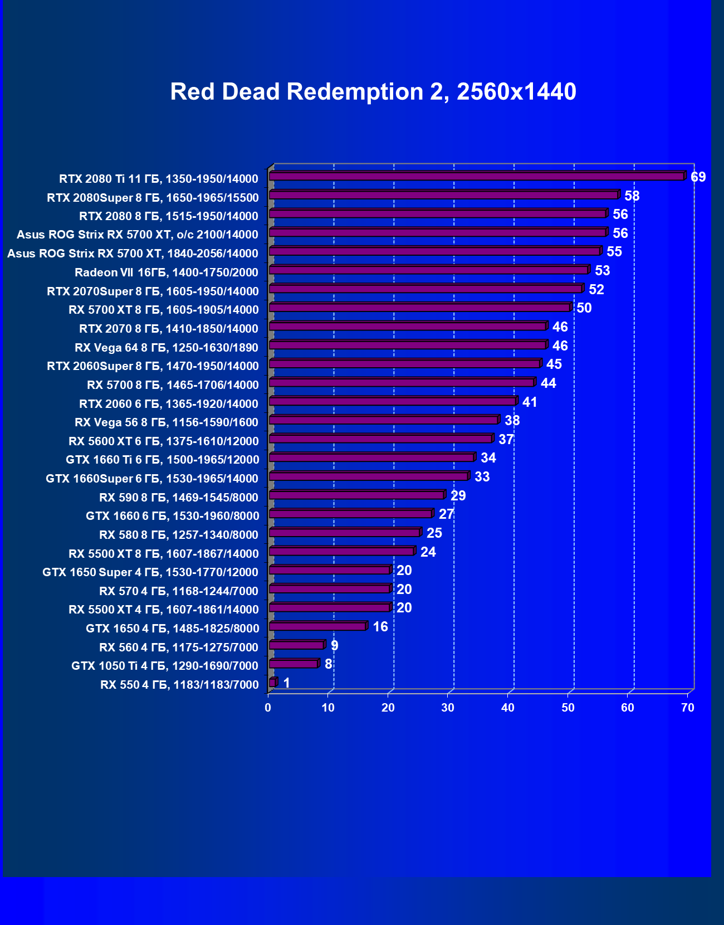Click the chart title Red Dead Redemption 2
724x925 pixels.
tap(373, 92)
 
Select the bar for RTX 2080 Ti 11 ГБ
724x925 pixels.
tap(477, 176)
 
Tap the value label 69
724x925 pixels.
tap(698, 177)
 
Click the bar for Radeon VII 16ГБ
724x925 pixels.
tap(429, 270)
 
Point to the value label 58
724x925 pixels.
tap(632, 196)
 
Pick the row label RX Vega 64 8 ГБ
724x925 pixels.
tap(167, 348)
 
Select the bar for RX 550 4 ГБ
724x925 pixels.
tap(272, 683)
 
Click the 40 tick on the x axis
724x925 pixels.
tap(507, 708)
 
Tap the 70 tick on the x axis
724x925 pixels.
tap(688, 708)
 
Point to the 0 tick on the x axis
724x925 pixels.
tap(268, 708)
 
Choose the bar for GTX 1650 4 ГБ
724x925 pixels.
tap(317, 626)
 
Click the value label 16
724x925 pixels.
tap(380, 627)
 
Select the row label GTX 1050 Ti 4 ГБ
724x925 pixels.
tap(165, 666)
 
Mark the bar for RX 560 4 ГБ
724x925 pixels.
tap(296, 645)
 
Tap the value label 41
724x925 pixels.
tap(530, 402)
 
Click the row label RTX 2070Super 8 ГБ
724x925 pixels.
tap(153, 291)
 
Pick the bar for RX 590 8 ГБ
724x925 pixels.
tap(356, 495)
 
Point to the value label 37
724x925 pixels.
tap(506, 440)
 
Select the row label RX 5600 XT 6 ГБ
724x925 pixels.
tap(164, 441)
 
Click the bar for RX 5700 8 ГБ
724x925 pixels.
tap(402, 382)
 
